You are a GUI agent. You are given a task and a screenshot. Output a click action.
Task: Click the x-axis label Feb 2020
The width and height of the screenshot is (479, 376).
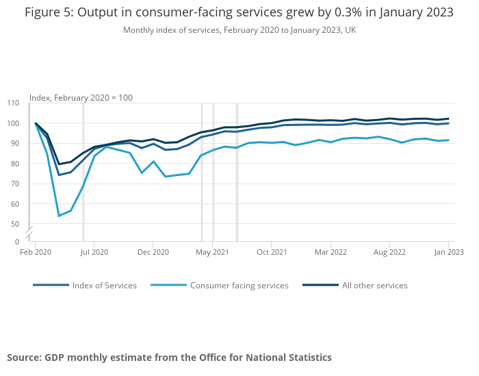coord(35,252)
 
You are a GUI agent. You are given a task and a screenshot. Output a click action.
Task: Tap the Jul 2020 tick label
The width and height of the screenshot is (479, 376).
coord(94,252)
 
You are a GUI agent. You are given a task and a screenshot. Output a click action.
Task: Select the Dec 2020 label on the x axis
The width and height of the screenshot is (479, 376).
coord(153,252)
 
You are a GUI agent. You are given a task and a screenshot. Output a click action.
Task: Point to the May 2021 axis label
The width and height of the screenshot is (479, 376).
coord(213,252)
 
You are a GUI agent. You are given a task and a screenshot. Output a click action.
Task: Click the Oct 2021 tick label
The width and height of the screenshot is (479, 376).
coord(272,252)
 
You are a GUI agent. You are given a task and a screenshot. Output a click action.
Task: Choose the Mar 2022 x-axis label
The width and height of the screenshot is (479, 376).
coord(331,252)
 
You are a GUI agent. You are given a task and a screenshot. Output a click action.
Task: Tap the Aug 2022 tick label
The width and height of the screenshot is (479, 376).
coord(389,252)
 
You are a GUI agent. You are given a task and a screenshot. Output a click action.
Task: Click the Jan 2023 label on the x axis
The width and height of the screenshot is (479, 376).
coord(448,252)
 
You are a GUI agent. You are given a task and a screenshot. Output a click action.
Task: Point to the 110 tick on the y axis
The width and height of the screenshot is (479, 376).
coord(13,103)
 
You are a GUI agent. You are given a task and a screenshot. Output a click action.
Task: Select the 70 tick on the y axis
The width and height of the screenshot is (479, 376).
coord(15,184)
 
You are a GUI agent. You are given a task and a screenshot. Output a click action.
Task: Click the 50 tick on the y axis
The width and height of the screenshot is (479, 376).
coord(15,224)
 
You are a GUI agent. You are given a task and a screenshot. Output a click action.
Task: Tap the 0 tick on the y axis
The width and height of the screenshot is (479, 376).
coord(17,242)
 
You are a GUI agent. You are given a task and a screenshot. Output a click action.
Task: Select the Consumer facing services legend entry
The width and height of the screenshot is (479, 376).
coord(239,286)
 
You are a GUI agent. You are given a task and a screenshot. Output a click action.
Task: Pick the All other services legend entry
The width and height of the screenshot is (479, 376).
coord(374,286)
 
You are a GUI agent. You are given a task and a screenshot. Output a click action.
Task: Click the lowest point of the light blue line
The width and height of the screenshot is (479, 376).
coord(59,216)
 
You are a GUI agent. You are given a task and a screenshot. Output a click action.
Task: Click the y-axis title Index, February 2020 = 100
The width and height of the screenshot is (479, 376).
coord(81,98)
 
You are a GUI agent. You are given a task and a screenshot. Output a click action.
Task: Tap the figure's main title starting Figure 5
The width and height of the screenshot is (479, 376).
coord(239,12)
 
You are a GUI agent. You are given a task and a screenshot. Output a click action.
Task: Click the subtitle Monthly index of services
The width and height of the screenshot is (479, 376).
coord(239,30)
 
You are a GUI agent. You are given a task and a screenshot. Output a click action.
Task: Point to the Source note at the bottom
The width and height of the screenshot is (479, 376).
coord(169,358)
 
